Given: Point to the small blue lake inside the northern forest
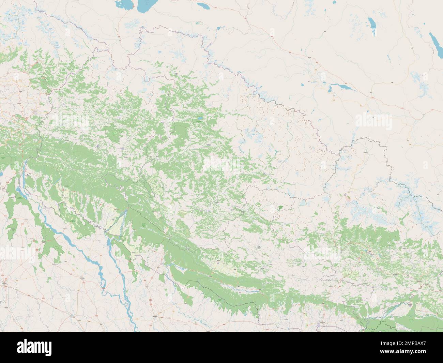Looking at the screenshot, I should (198, 119).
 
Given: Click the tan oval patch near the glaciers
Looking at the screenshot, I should (348, 197).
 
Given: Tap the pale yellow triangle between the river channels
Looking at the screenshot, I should (118, 222).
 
